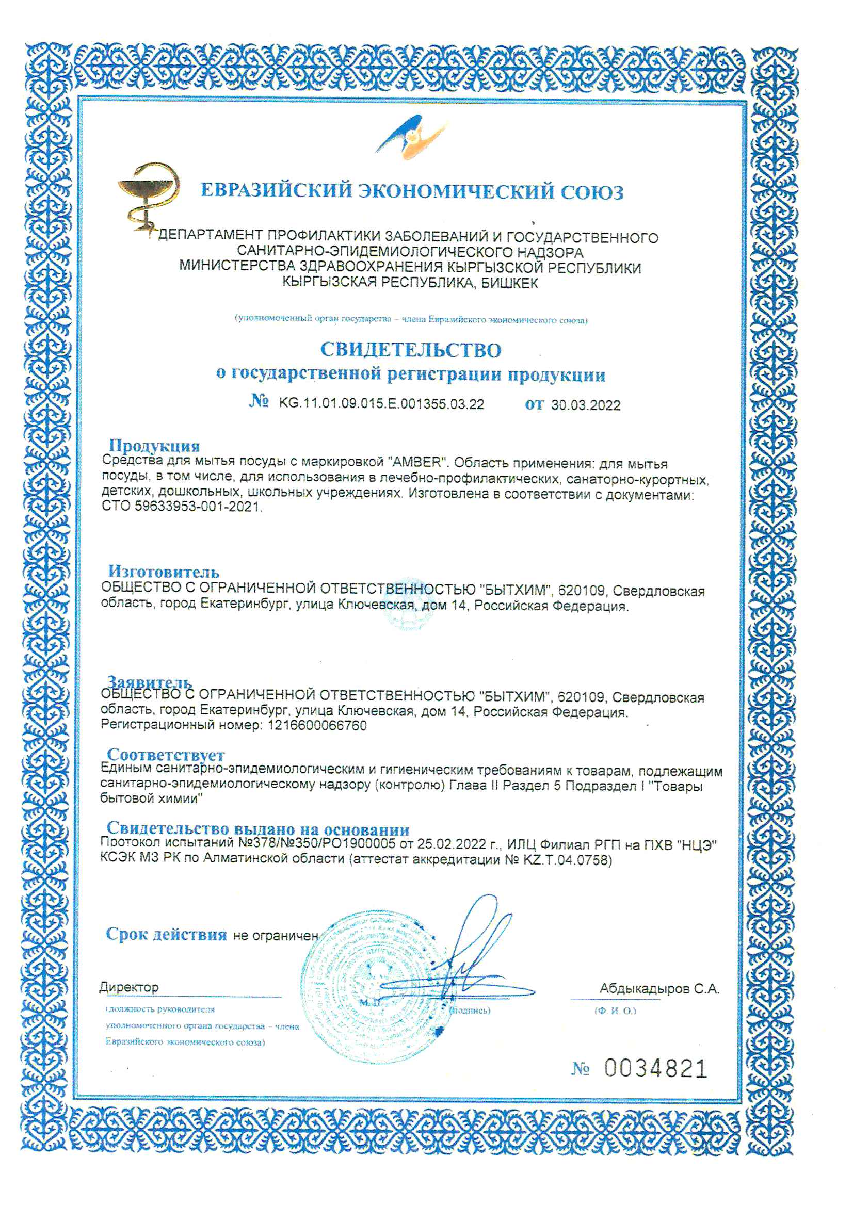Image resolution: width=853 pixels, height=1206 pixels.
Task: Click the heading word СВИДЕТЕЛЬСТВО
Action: coord(411,350)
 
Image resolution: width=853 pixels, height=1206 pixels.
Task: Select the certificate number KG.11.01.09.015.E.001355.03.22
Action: coord(381,404)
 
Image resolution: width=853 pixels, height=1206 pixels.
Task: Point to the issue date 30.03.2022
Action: coord(586,405)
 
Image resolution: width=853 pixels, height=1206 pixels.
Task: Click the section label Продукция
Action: coord(154,446)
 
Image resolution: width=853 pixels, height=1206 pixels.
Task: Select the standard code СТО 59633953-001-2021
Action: coord(181,508)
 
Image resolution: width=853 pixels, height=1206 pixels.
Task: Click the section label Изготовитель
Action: coord(164,571)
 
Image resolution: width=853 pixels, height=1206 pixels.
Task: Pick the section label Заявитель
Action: coord(149,682)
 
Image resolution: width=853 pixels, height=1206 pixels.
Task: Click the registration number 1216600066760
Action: coord(317,725)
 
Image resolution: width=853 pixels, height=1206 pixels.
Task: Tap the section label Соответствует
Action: coord(166,755)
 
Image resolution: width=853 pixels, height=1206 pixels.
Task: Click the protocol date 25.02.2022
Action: coord(452,844)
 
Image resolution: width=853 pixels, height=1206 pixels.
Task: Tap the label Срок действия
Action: coord(166,935)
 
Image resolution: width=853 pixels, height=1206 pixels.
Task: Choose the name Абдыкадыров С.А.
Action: coord(659,988)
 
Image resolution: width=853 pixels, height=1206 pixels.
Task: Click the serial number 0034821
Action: coord(655,1069)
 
